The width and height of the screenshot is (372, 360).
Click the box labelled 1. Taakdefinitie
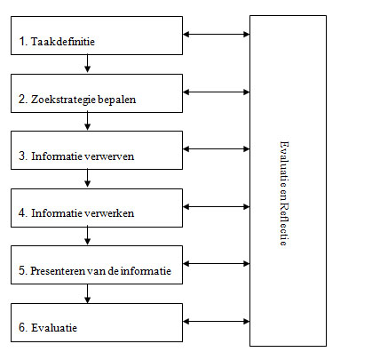point(97,36)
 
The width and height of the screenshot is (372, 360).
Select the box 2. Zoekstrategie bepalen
point(97,93)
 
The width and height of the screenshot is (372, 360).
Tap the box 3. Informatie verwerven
point(97,150)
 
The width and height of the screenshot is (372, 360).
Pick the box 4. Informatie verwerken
point(97,208)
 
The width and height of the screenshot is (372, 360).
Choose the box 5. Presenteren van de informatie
point(97,265)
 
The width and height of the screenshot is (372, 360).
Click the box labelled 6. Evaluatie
point(97,323)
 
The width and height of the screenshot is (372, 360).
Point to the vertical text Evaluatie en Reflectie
point(284,194)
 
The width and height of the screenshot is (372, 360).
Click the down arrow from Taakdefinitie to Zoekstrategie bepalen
point(87,63)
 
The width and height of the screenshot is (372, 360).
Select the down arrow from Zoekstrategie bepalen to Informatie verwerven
point(87,121)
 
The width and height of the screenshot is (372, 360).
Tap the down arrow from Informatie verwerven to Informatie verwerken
point(87,178)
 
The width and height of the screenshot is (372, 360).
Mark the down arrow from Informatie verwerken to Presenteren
point(87,236)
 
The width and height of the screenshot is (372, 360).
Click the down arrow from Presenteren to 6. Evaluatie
point(87,293)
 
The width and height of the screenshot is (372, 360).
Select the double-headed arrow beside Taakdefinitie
point(217,34)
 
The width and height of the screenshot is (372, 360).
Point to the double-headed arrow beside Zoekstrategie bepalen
point(217,92)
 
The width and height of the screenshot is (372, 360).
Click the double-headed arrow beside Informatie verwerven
point(217,149)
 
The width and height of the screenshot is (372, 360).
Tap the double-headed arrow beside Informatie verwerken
point(217,207)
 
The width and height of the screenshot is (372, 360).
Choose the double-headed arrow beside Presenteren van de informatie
point(217,264)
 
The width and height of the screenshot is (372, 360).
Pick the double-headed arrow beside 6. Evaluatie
point(217,322)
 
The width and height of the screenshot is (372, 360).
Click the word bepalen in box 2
point(116,100)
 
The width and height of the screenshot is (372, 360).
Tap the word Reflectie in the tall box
point(284,224)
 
